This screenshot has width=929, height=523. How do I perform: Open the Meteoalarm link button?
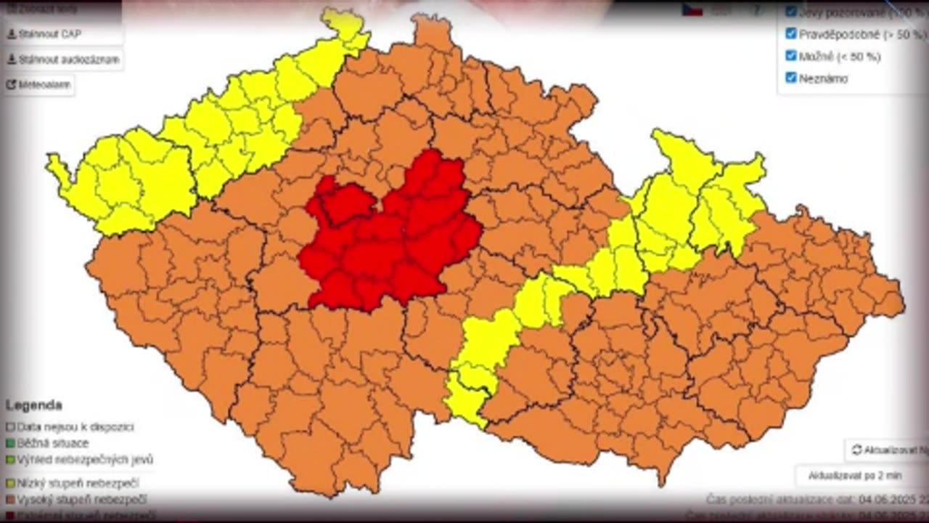pos(39,84)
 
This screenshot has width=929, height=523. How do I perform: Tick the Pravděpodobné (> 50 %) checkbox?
pos(791,33)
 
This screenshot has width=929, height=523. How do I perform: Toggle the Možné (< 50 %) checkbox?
pos(791,55)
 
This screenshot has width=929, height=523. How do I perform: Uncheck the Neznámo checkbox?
pos(791,78)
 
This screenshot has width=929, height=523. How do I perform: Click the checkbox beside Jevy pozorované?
pos(791,12)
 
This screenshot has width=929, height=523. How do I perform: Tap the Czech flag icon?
pos(692,10)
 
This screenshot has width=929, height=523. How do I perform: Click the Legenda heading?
pos(33,405)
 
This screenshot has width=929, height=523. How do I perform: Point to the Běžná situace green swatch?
pos(10,443)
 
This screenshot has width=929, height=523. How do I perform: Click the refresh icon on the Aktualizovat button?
pos(856,450)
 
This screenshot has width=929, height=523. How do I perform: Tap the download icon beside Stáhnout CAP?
pos(11,34)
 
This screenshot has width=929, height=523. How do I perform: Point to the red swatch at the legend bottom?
pos(10,516)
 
